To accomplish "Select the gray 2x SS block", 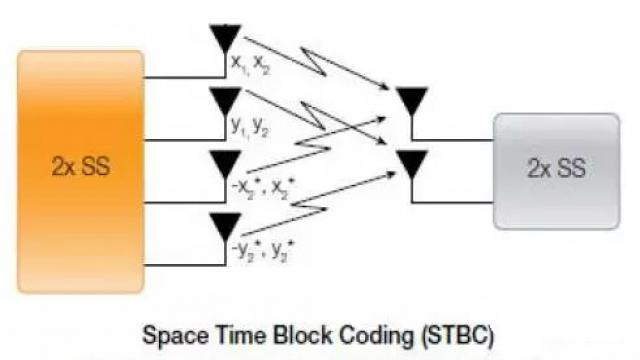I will click(x=555, y=169).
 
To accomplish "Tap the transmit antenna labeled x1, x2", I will click(x=227, y=39).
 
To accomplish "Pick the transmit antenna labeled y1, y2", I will click(x=227, y=99).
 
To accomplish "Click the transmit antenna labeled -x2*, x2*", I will click(x=227, y=163).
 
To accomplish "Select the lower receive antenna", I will click(x=411, y=160).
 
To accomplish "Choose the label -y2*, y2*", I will click(x=259, y=249).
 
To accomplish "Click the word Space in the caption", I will click(x=176, y=333).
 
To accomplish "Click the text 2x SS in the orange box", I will click(x=80, y=166).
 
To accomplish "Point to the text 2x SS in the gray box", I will click(x=555, y=169).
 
